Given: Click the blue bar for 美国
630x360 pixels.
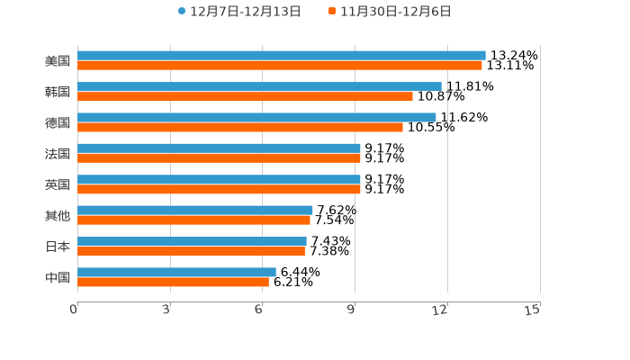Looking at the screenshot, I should pyautogui.click(x=281, y=56).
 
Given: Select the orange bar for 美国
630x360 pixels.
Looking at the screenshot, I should pyautogui.click(x=279, y=66).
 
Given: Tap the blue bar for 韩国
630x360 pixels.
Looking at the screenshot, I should pyautogui.click(x=259, y=86).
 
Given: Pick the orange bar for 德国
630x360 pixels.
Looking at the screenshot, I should pyautogui.click(x=239, y=127).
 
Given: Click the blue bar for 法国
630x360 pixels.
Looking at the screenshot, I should pyautogui.click(x=219, y=148).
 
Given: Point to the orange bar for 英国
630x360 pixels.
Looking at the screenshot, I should pyautogui.click(x=219, y=189).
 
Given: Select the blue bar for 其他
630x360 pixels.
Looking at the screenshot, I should pyautogui.click(x=194, y=211).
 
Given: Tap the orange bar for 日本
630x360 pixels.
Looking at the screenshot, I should pyautogui.click(x=191, y=251).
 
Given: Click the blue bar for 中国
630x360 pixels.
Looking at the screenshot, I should pyautogui.click(x=176, y=272).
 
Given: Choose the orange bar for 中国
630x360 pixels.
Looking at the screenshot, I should pyautogui.click(x=173, y=282).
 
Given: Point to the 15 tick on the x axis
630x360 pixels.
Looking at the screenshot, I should pyautogui.click(x=533, y=310).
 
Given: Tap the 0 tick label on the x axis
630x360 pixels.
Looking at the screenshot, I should pyautogui.click(x=74, y=310).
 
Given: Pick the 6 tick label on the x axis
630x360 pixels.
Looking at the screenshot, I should pyautogui.click(x=258, y=310).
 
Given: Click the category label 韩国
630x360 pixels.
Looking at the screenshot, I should pyautogui.click(x=58, y=92).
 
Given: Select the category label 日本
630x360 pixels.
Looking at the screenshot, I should pyautogui.click(x=58, y=247).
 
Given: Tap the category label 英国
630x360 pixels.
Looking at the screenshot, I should pyautogui.click(x=58, y=184).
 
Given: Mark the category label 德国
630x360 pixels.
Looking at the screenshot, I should pyautogui.click(x=58, y=122).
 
